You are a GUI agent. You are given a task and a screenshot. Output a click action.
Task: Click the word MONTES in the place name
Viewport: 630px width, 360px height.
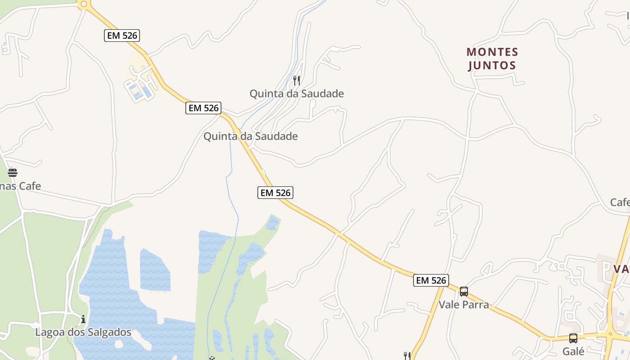tap(492, 52)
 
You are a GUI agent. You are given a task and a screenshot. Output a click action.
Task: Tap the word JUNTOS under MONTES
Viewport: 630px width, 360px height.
tap(492, 66)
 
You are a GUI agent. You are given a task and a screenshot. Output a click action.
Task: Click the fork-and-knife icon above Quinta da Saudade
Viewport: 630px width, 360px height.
tap(297, 81)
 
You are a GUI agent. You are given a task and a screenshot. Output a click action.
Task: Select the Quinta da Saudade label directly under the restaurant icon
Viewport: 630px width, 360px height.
tap(297, 94)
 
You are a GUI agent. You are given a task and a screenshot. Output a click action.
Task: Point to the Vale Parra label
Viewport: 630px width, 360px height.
tap(463, 305)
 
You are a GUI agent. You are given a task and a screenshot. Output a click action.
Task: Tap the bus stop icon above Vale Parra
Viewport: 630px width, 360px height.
tap(464, 292)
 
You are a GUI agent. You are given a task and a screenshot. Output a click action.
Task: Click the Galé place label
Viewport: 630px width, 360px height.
tap(573, 351)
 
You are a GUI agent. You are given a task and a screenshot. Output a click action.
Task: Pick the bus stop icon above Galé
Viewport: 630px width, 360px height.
tap(573, 338)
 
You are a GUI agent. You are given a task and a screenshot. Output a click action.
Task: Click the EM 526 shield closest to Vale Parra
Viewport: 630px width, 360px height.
tap(431, 280)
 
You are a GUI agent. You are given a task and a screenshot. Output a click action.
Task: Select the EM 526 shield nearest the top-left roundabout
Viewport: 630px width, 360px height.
tap(122, 36)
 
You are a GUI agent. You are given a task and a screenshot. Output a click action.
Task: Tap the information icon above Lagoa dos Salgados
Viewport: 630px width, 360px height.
tap(83, 319)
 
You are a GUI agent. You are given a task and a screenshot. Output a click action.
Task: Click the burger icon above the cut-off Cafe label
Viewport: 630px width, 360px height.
tap(13, 173)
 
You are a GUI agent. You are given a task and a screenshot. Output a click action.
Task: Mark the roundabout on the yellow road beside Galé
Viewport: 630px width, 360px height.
tap(611, 334)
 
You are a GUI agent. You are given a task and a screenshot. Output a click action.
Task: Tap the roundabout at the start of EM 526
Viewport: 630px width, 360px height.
tap(83, 4)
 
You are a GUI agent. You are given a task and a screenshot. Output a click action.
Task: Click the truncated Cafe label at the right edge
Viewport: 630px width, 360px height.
tap(620, 202)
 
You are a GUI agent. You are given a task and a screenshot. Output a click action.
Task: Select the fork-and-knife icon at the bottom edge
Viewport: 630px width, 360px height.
tap(407, 356)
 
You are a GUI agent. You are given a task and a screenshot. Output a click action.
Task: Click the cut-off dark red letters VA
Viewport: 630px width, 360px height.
tap(621, 269)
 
